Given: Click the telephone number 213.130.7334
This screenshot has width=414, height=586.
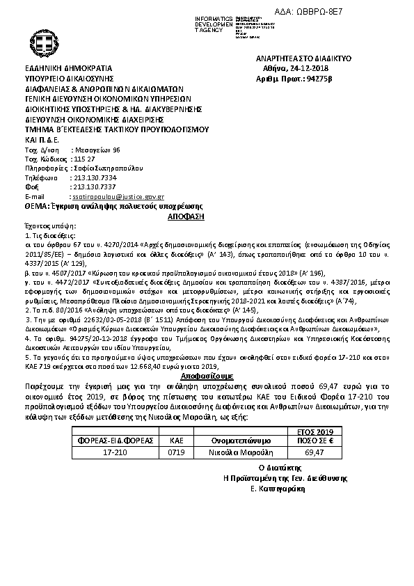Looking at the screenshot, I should [x=94, y=178].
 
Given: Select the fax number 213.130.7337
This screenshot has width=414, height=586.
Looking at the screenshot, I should [x=94, y=187].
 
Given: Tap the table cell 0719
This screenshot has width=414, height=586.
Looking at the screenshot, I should [x=175, y=452].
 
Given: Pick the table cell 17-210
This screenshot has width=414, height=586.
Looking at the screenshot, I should [x=114, y=452].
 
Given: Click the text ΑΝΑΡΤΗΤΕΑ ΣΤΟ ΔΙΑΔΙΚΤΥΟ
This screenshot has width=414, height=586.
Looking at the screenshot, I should [x=303, y=60].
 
